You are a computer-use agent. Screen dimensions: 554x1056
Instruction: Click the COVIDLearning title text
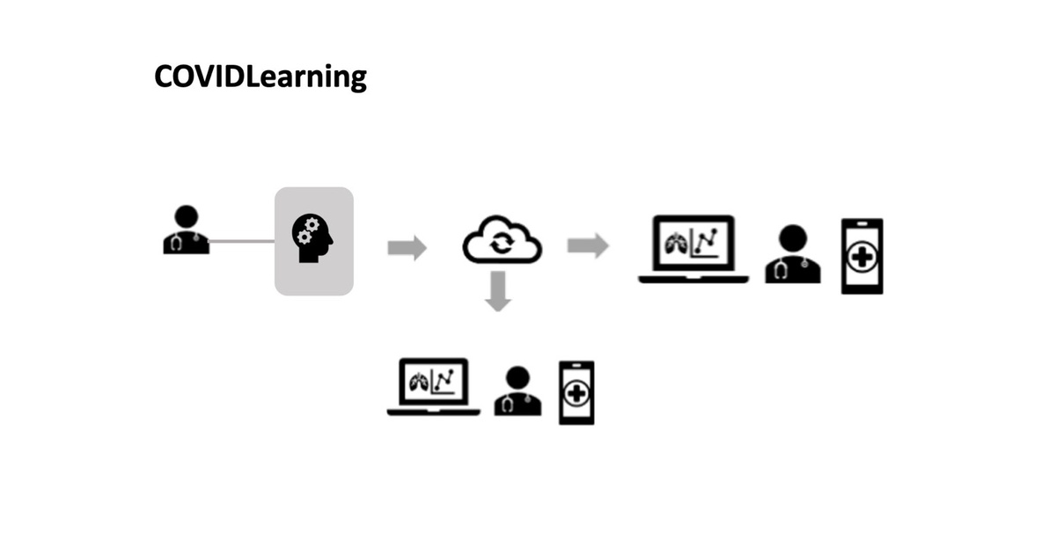point(260,77)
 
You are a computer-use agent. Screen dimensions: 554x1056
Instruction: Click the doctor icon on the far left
point(187,231)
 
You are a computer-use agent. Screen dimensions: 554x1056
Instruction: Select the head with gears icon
point(313,237)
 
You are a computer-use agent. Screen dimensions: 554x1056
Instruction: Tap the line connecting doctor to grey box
point(242,241)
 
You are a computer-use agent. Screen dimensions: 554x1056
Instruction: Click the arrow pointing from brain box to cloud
point(407,248)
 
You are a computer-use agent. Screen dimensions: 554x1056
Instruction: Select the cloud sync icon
point(502,239)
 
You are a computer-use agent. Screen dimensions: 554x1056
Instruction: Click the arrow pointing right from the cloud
point(588,245)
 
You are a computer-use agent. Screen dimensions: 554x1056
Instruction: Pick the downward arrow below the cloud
point(498,291)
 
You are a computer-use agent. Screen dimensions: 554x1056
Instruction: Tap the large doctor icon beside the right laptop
point(793,254)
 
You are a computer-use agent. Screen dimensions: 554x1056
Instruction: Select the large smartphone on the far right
point(862,256)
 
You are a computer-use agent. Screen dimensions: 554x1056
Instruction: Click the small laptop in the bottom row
point(434,387)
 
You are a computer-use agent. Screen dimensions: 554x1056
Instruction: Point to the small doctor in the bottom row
point(517,391)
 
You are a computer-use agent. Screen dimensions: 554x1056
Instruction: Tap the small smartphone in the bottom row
point(576,393)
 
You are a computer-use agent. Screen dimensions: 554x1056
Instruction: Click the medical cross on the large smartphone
point(862,258)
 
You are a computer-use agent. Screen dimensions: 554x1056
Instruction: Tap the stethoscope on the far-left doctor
point(179,243)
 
